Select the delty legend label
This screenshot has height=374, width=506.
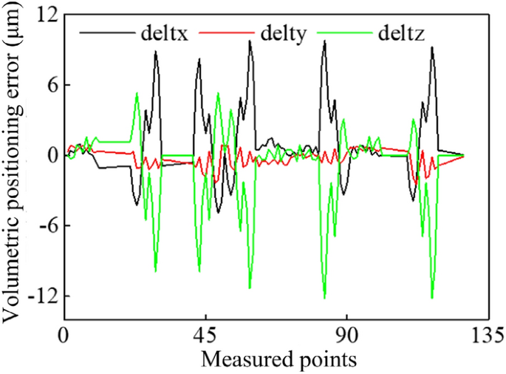coord(283,33)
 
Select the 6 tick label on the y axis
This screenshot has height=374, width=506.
coord(52,85)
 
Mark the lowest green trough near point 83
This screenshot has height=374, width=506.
coord(324,298)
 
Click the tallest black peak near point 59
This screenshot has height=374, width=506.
coord(250,41)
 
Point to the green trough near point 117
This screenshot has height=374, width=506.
coord(431,298)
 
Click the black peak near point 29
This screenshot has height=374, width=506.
coord(156,51)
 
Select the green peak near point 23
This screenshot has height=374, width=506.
coord(137,93)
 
